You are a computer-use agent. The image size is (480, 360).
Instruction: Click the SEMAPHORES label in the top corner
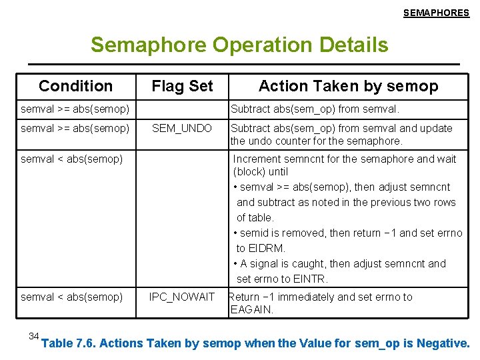[x=436, y=13]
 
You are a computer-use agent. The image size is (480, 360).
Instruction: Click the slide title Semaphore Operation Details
[x=239, y=45]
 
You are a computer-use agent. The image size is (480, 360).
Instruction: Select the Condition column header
[x=76, y=86]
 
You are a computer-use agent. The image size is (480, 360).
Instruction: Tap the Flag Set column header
[x=182, y=86]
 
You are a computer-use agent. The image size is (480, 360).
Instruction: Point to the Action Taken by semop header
[x=348, y=86]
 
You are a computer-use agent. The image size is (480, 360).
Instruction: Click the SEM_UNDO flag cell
[x=182, y=128]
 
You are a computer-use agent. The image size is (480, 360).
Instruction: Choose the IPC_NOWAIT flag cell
[x=182, y=297]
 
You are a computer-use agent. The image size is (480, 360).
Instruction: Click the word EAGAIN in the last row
[x=251, y=309]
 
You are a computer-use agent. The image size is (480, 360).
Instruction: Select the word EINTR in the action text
[x=308, y=279]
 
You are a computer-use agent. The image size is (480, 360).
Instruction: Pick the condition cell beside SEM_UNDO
[x=75, y=128]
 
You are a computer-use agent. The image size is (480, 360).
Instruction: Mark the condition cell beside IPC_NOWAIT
[x=72, y=297]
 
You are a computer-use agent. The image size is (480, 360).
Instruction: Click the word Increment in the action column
[x=258, y=159]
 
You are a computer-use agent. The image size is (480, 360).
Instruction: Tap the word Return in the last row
[x=244, y=297]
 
